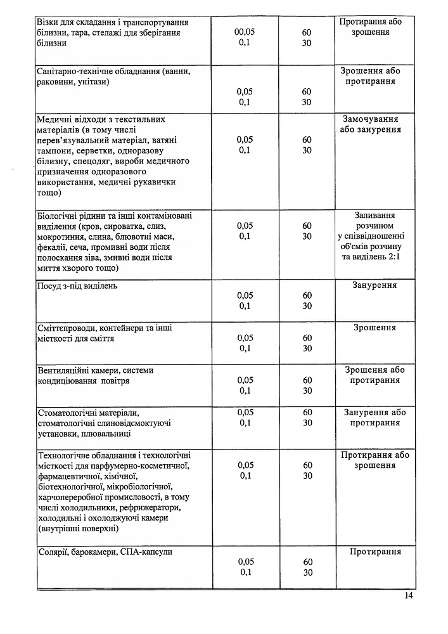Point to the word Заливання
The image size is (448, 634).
(x=374, y=215)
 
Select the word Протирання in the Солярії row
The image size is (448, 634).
(x=375, y=552)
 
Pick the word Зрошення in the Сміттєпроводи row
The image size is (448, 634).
(x=374, y=328)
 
